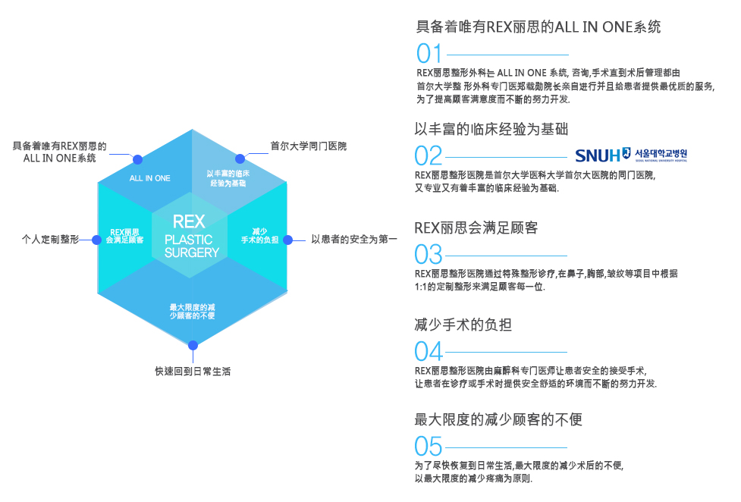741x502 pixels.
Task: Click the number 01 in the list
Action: [x=429, y=54]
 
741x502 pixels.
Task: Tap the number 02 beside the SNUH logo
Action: [x=429, y=155]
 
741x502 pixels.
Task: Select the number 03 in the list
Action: [x=429, y=254]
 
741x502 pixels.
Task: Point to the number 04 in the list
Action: [x=429, y=351]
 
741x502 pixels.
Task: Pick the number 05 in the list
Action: [x=429, y=445]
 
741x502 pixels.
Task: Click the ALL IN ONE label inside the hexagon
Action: [x=150, y=178]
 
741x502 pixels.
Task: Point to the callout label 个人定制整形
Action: [x=50, y=240]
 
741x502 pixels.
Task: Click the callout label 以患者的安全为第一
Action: [x=354, y=240]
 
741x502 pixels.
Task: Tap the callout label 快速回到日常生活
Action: [x=193, y=372]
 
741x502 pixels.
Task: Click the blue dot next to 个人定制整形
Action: [x=96, y=240]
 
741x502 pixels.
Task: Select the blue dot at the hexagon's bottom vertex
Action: [x=193, y=345]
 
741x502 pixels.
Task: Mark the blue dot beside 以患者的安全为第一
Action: [x=288, y=240]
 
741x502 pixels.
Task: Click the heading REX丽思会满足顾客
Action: [x=476, y=227]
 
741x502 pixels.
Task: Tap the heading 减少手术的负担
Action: [x=463, y=325]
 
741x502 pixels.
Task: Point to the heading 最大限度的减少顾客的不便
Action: [x=498, y=419]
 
